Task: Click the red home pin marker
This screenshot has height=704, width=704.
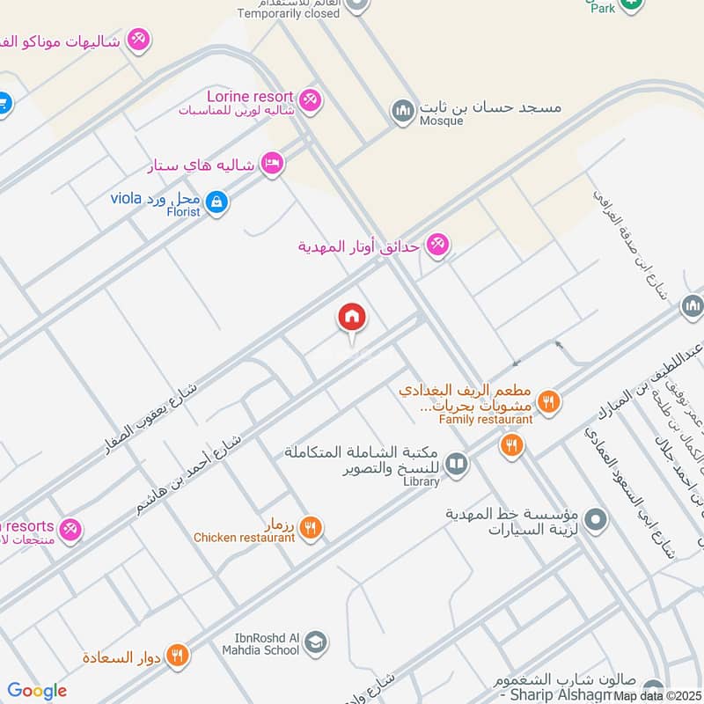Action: (352, 319)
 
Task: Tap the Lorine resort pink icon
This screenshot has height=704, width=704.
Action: (309, 99)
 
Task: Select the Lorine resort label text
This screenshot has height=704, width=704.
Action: (251, 95)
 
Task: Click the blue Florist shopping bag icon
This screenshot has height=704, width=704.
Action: (217, 204)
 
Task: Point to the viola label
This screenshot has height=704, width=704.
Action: (126, 197)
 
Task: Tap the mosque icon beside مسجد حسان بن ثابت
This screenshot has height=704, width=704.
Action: (403, 111)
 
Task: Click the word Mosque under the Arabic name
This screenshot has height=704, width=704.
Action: (442, 121)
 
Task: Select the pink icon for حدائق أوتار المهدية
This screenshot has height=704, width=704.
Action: (437, 246)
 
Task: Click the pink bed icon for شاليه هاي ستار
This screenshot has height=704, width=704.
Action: (272, 165)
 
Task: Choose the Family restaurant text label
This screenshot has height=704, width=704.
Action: (486, 420)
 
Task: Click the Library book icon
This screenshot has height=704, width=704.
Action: (456, 464)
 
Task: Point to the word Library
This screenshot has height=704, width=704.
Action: (420, 482)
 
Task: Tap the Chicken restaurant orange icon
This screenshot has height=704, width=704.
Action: (310, 528)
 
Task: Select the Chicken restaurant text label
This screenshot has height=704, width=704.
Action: (245, 538)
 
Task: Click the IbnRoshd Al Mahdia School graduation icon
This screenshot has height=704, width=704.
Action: (315, 643)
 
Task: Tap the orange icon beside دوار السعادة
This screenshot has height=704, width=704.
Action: (178, 656)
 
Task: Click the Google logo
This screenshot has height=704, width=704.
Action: (37, 691)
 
